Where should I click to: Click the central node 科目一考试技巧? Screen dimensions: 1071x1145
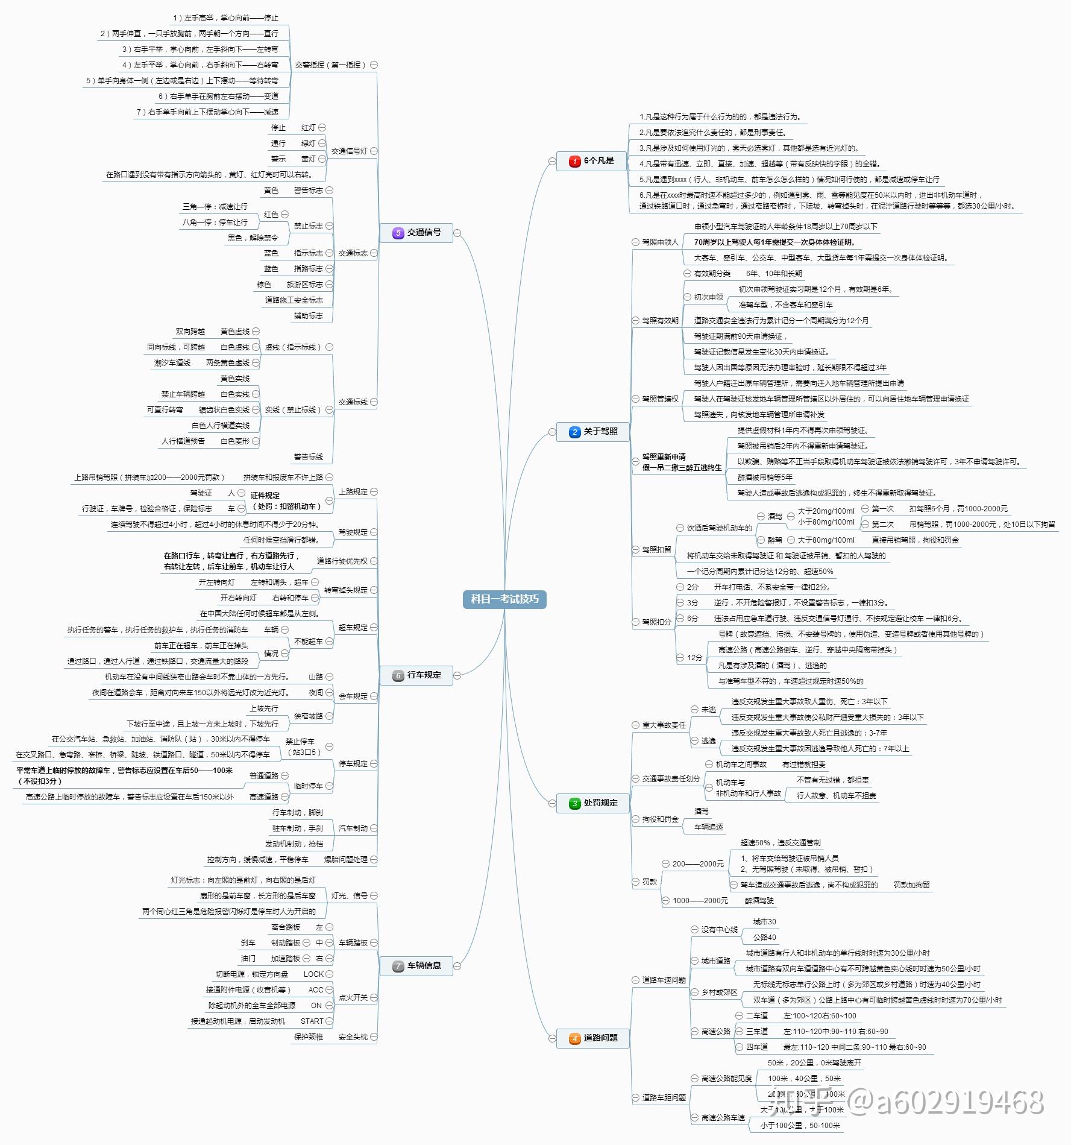tap(504, 599)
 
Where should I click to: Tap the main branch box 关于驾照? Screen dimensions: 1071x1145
tap(593, 432)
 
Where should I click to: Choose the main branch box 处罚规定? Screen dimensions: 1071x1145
tap(593, 803)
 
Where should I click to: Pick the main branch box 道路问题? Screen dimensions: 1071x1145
tap(593, 1038)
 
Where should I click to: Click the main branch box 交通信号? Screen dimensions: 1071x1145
tap(416, 233)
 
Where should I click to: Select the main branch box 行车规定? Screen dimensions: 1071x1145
tap(416, 675)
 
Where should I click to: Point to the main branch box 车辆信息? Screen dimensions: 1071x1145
tap(416, 966)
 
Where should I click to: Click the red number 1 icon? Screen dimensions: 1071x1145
tap(574, 161)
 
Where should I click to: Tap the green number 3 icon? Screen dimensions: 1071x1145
tap(574, 803)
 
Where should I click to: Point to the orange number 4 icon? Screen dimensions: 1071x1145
tap(574, 1038)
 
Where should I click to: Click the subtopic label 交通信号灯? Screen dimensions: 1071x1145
tap(349, 151)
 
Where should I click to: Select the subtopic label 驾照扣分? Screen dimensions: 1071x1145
tap(656, 622)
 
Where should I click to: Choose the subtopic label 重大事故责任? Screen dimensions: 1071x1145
tap(664, 725)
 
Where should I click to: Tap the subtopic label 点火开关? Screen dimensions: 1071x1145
tap(353, 998)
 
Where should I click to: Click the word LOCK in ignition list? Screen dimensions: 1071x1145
tap(313, 974)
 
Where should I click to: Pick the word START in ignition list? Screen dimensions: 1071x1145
tap(312, 1021)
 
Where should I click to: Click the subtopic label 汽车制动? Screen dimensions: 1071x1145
tap(353, 828)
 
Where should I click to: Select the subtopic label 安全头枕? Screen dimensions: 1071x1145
tap(353, 1037)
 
